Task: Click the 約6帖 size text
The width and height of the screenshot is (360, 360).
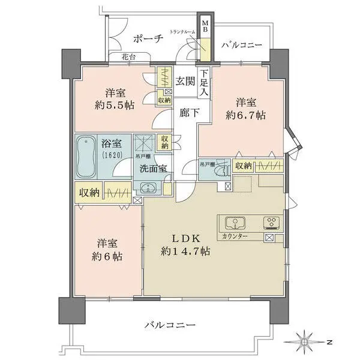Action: click(109, 256)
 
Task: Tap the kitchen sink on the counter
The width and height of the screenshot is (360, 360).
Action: click(235, 224)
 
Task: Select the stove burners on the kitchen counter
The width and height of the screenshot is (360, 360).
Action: click(271, 224)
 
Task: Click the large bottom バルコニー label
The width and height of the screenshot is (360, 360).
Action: click(170, 325)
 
